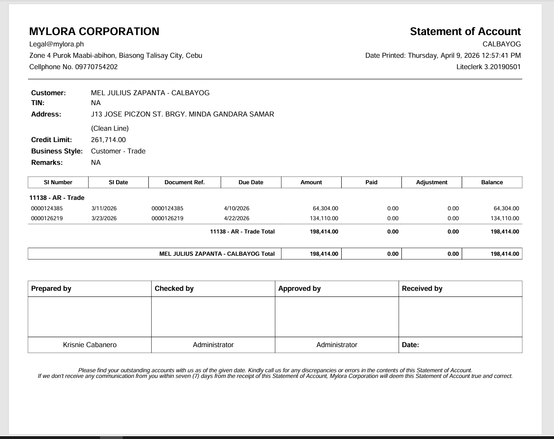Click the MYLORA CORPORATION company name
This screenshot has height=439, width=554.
coord(94,32)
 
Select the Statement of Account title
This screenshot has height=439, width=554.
coord(465,32)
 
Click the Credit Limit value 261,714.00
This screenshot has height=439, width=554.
coord(109,140)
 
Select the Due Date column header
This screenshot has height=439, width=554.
coord(251,182)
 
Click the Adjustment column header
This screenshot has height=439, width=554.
coord(431,182)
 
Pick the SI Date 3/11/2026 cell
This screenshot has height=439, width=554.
coord(104,208)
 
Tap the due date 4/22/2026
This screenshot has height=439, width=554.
coord(236,218)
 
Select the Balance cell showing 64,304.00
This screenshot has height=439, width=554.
coord(506,208)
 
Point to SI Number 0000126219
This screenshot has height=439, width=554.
coord(46,218)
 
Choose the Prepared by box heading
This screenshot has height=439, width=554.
coord(51,288)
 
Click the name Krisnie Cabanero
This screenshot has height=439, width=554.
coord(90,345)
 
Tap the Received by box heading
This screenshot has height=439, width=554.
coord(422,288)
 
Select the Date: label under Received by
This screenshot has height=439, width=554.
coord(410,345)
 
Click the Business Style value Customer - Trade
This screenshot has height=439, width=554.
coord(118,151)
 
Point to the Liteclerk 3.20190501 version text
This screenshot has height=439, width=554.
coord(488,67)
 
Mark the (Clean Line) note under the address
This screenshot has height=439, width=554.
coord(109,128)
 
